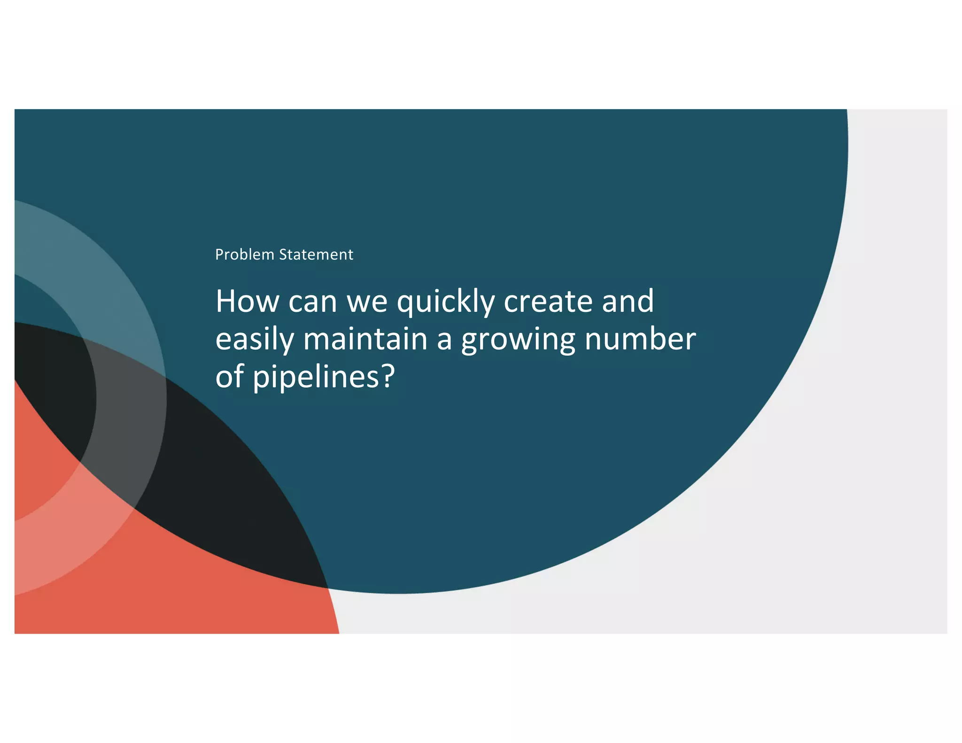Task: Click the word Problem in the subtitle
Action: pyautogui.click(x=244, y=255)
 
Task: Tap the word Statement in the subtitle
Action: pyautogui.click(x=316, y=255)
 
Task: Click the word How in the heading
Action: pyautogui.click(x=247, y=301)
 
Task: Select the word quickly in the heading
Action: pyautogui.click(x=446, y=302)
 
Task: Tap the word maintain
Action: pyautogui.click(x=365, y=339)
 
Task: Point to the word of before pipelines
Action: pyautogui.click(x=229, y=377)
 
